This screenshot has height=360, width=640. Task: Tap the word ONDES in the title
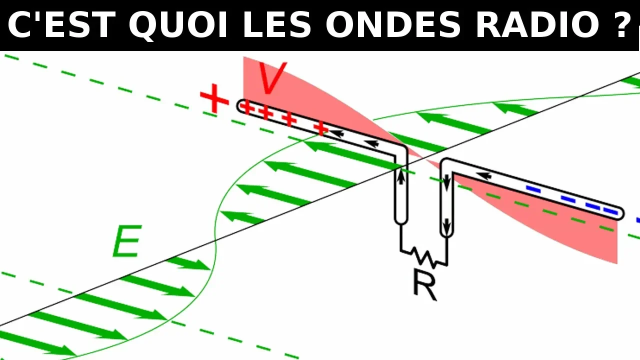click(393, 24)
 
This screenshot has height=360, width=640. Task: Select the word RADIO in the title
click(537, 24)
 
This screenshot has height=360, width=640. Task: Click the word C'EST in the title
click(61, 24)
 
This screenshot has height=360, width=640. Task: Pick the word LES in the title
click(276, 24)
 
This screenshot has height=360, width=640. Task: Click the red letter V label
click(271, 77)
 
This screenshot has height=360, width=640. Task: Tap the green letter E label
click(127, 241)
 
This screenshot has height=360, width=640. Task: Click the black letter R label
click(425, 285)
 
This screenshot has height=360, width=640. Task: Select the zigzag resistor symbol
click(424, 258)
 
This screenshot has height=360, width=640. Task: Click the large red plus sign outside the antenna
click(214, 98)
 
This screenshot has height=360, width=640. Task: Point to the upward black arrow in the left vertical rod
click(401, 176)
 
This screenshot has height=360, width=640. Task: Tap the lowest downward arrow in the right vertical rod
click(446, 227)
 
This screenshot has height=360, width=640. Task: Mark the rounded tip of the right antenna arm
click(620, 213)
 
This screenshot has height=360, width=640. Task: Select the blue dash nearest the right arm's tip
click(610, 211)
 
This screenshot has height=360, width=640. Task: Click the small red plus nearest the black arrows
click(321, 128)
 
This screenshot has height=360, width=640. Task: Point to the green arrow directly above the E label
click(242, 217)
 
